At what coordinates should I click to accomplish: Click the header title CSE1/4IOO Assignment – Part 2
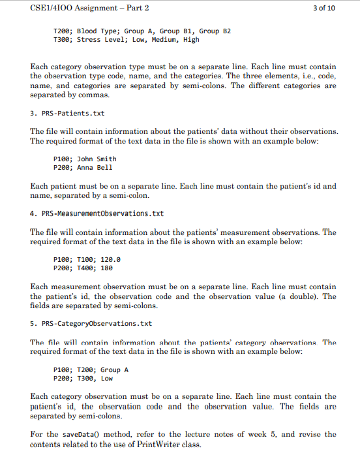(90, 8)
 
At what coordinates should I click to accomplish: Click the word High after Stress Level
(191, 39)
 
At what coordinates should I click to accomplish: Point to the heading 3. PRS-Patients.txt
(67, 114)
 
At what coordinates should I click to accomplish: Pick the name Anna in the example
(85, 167)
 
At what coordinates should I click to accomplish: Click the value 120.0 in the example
(112, 259)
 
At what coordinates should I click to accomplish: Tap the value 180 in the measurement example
(108, 268)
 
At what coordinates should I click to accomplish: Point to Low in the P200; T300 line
(107, 378)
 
